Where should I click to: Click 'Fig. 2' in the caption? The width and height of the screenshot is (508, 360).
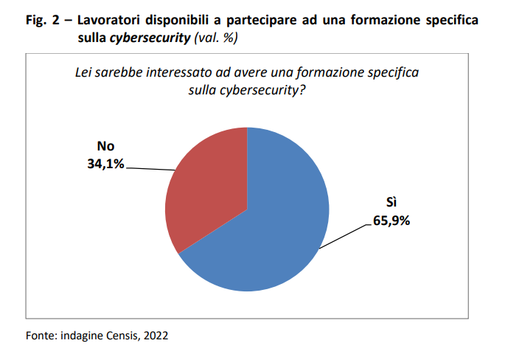[x=41, y=20]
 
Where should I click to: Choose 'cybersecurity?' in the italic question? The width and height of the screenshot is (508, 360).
[x=267, y=90]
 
